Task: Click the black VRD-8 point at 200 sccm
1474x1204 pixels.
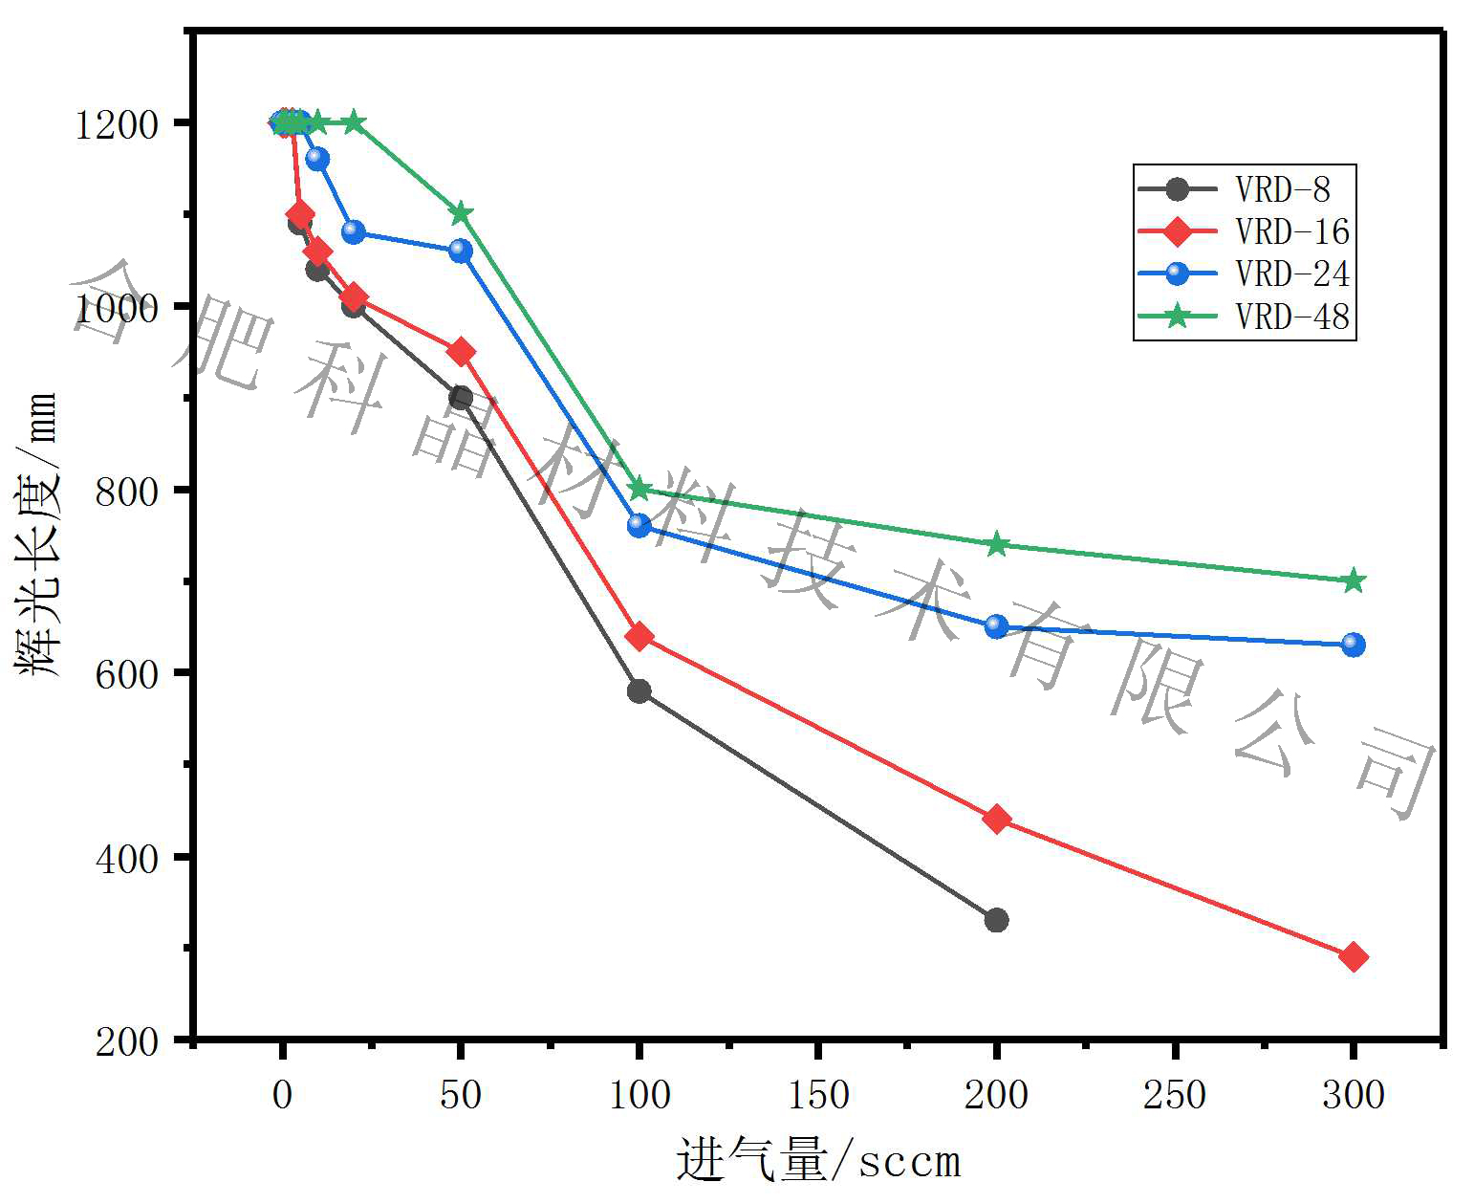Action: (x=996, y=920)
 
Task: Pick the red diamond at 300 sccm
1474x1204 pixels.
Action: (x=1354, y=956)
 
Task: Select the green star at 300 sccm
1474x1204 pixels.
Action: (x=1354, y=580)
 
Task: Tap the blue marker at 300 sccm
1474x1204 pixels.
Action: (x=1354, y=645)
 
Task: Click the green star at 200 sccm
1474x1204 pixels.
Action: (x=996, y=544)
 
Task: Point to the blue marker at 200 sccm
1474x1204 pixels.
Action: (x=996, y=626)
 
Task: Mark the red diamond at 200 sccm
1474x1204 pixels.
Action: (x=996, y=819)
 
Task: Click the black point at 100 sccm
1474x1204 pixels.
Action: (x=639, y=690)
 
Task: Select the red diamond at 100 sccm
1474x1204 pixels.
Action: (x=639, y=636)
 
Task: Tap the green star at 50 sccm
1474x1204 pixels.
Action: (x=461, y=212)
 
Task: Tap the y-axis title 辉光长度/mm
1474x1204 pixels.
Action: (x=38, y=536)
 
